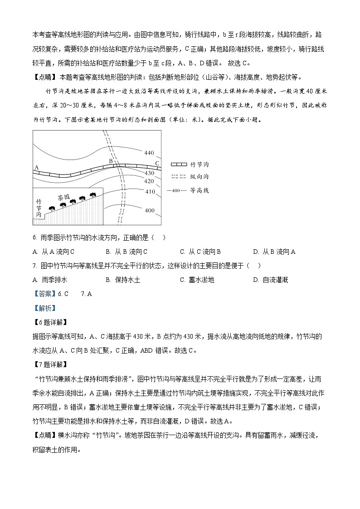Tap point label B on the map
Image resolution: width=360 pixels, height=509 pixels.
tap(110, 160)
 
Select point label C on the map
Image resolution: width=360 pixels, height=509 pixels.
tap(157, 163)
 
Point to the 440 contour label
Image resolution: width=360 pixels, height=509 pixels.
tap(149, 153)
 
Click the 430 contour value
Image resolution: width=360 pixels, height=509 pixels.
tap(149, 173)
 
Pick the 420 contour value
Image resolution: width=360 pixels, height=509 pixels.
tap(149, 181)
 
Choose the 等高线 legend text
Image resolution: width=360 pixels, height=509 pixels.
tap(199, 190)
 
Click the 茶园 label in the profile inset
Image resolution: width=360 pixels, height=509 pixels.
tap(63, 198)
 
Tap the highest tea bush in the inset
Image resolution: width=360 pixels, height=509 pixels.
tap(93, 195)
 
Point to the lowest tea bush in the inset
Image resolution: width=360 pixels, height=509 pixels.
tap(51, 208)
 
